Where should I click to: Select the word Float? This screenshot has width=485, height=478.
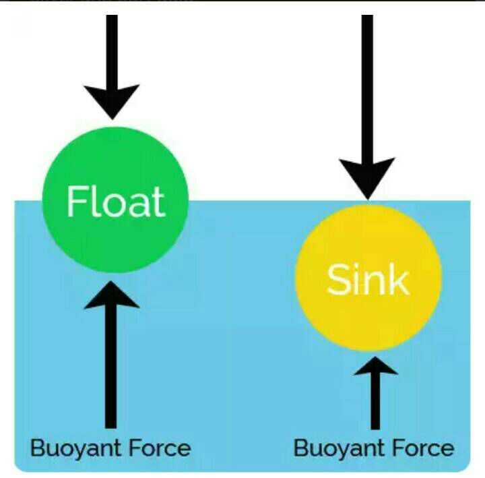click(115, 201)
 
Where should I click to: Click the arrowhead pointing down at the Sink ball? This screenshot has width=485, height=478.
click(367, 177)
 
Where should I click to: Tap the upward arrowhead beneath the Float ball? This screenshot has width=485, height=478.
click(112, 297)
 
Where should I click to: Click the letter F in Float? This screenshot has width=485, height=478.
click(76, 201)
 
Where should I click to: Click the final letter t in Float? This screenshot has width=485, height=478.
click(158, 202)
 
